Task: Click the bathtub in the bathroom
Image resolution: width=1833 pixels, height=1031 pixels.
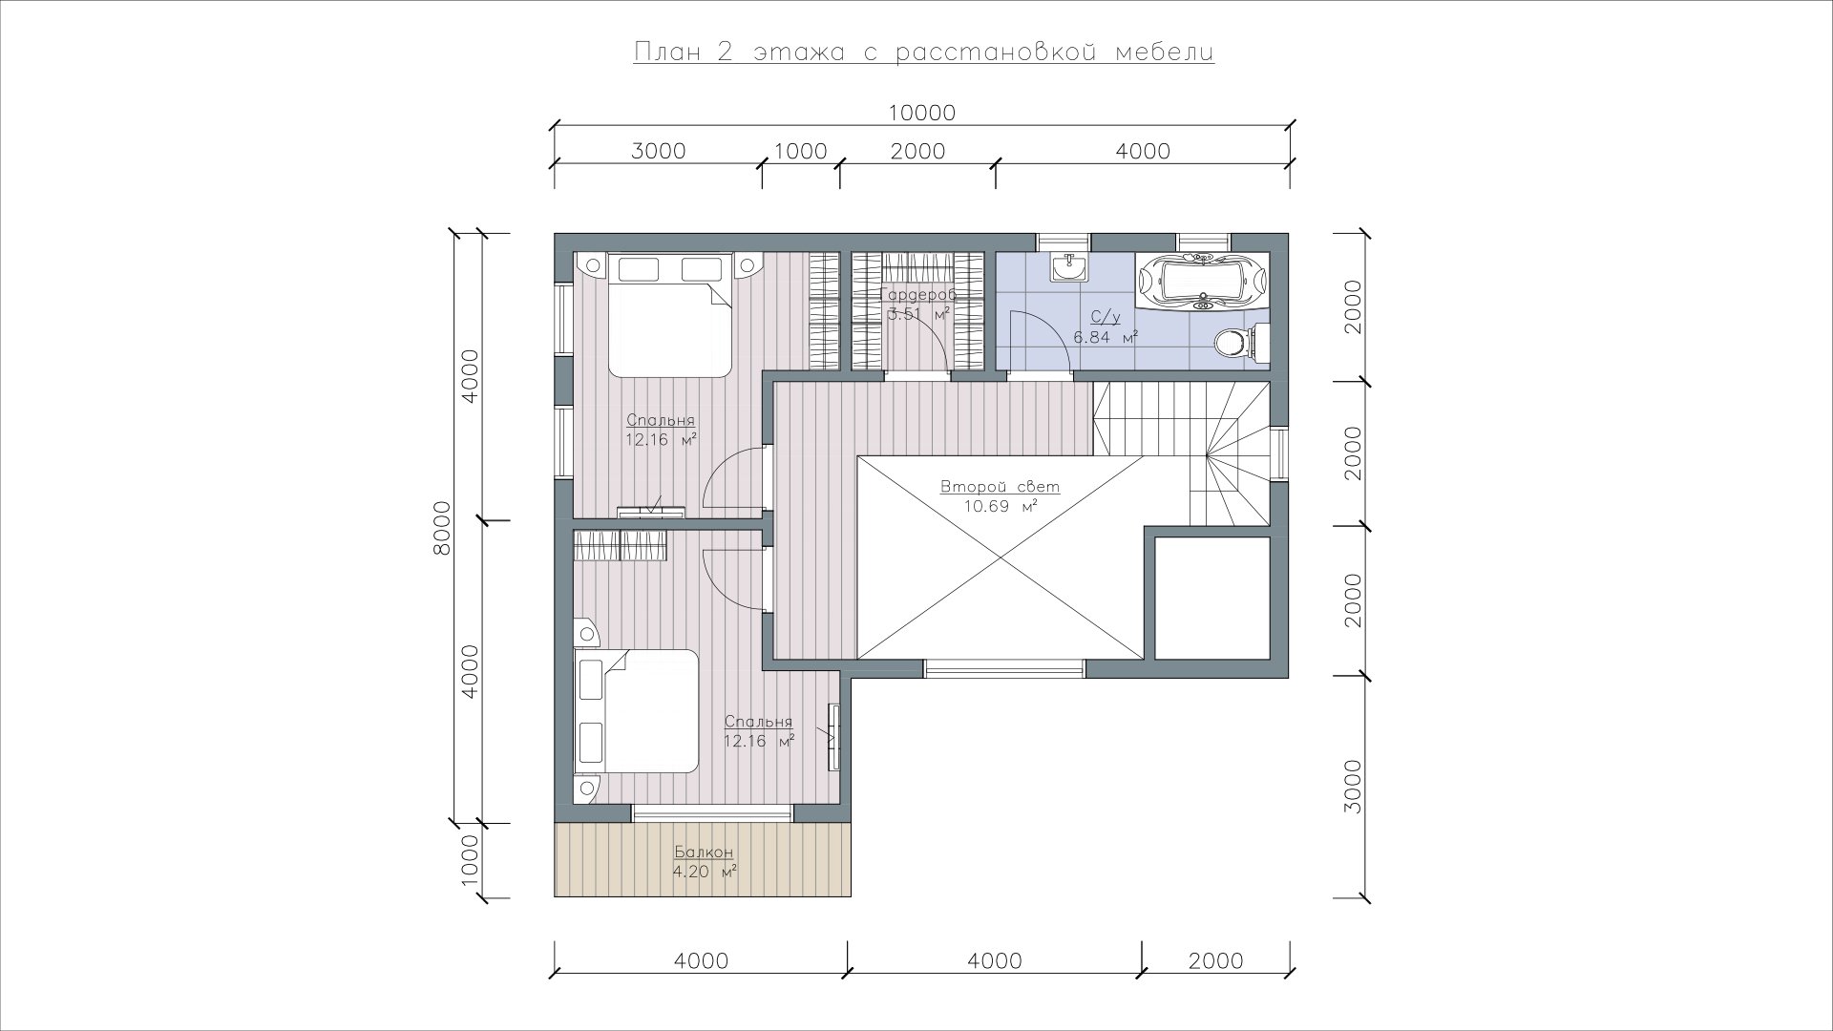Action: point(1203,281)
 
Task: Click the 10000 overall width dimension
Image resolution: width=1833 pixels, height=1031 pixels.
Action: point(921,113)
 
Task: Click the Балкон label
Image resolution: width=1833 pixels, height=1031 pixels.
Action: point(704,852)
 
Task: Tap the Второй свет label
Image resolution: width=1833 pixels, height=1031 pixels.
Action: point(1000,487)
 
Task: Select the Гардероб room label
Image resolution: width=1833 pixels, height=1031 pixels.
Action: point(917,295)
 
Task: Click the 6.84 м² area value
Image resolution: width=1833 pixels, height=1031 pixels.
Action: point(1106,336)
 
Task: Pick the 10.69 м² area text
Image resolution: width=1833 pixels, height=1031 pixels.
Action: point(1000,506)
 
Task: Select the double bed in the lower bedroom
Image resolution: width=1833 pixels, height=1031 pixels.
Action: point(636,710)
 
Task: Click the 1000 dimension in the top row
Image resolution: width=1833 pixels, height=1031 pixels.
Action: point(800,151)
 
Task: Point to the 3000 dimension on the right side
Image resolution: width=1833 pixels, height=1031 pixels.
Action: point(1352,787)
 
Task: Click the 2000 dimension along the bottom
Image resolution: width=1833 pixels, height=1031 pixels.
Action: point(1216,960)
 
